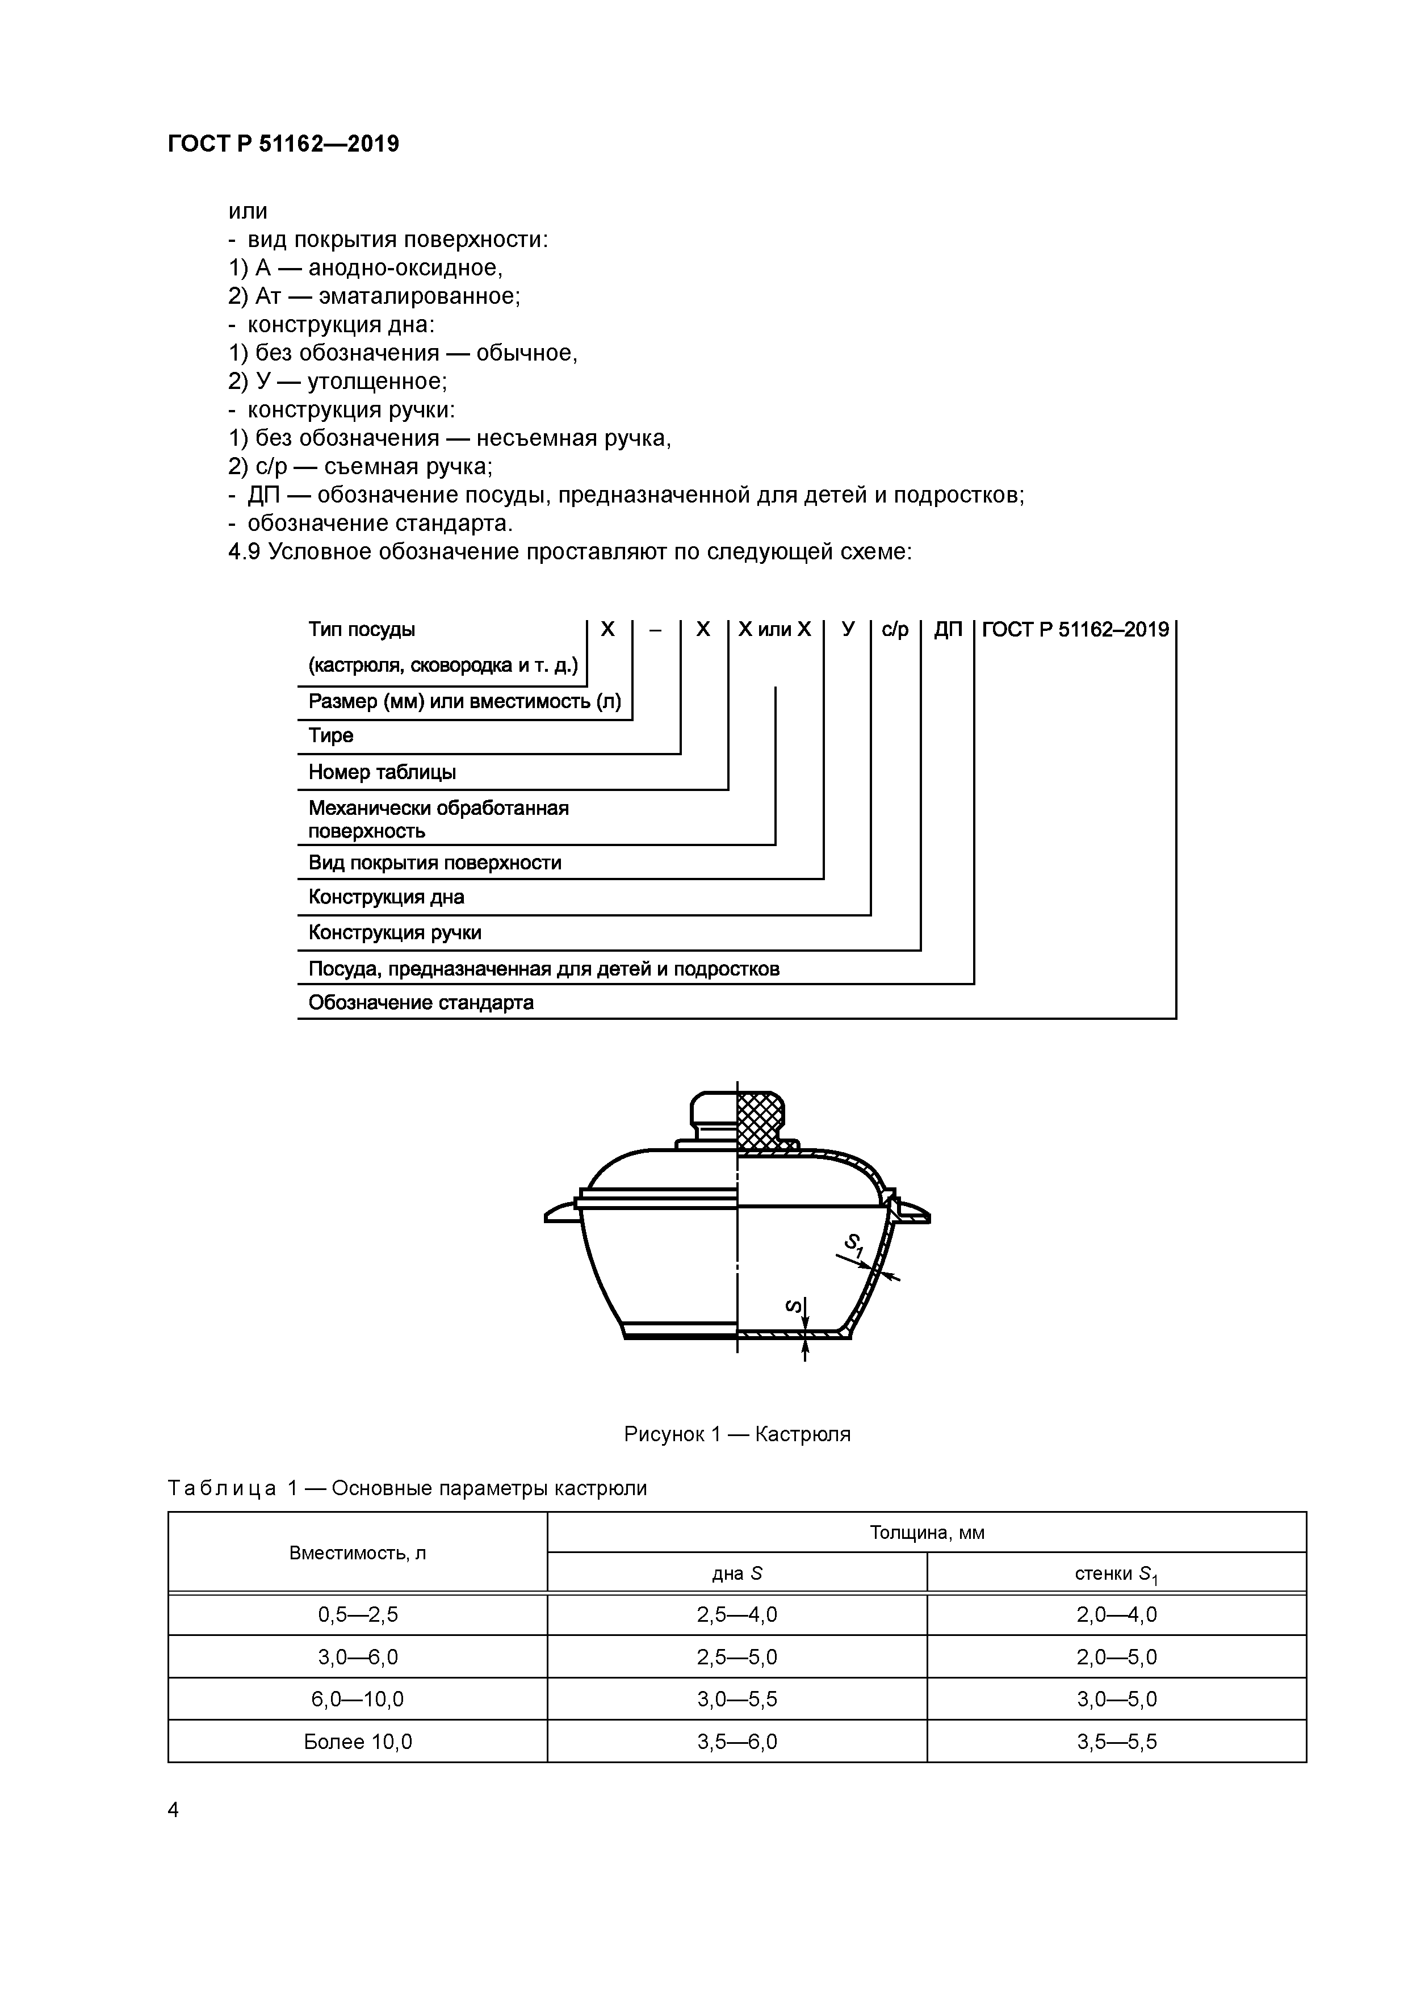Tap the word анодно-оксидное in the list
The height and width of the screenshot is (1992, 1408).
click(x=405, y=267)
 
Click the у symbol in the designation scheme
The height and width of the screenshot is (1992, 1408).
click(x=848, y=630)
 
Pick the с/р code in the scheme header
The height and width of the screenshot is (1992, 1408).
click(x=894, y=630)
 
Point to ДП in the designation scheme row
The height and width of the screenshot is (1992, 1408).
click(x=948, y=630)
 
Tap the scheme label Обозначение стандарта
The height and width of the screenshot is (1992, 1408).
click(x=421, y=1003)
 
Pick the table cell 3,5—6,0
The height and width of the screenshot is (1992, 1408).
click(x=736, y=1741)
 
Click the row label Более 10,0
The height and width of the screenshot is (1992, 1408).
click(x=358, y=1741)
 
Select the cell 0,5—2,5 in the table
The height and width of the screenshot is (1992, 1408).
click(x=358, y=1614)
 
